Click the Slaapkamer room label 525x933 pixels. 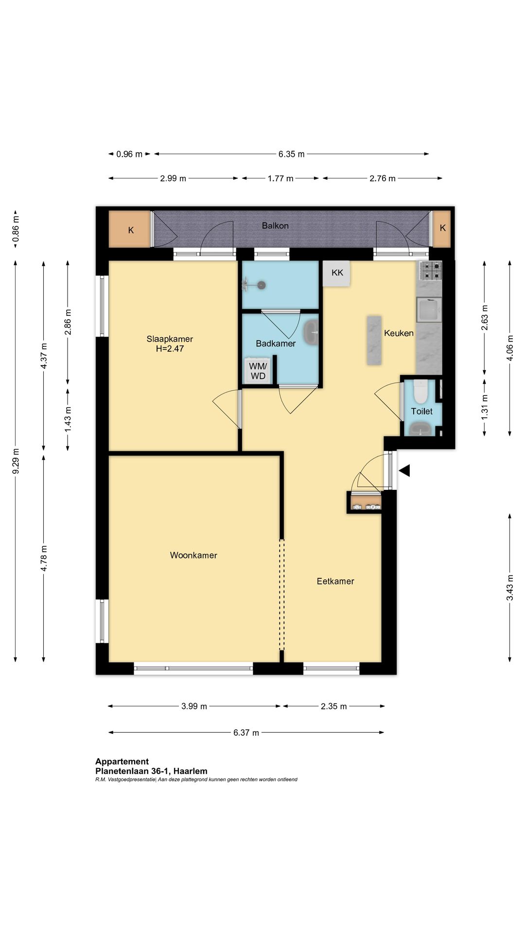click(170, 339)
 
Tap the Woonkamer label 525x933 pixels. click(193, 555)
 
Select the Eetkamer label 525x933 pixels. click(335, 581)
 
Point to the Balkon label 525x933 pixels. click(275, 225)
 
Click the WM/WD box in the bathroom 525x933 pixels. click(258, 371)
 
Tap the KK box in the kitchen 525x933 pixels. click(337, 273)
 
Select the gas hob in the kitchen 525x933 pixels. click(430, 271)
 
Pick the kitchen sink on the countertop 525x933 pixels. click(429, 310)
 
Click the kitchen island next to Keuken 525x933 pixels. click(374, 340)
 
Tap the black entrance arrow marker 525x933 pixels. click(404, 470)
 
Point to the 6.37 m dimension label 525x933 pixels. click(246, 733)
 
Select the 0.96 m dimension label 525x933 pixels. click(129, 154)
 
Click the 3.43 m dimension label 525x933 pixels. click(510, 587)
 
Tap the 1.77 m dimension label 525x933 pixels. click(280, 178)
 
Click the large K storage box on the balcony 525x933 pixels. click(130, 229)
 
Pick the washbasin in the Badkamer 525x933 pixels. click(311, 332)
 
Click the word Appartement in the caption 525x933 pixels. click(122, 761)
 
